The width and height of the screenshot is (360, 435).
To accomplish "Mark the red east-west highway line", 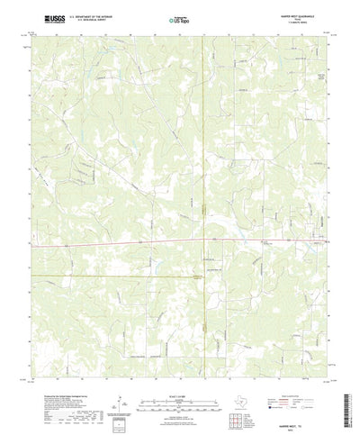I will pyautogui.click(x=108, y=242).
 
